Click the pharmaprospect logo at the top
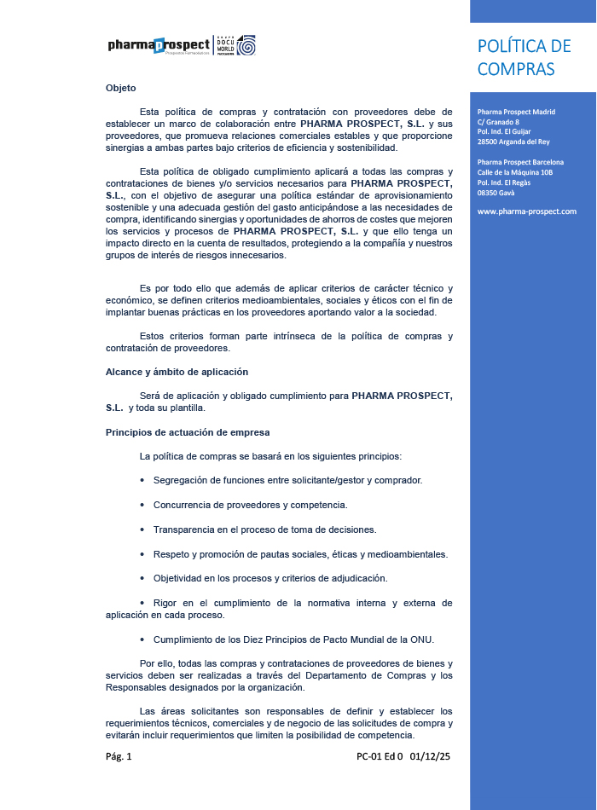pos(159,45)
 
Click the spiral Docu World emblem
pos(246,45)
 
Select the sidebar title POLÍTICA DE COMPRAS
pos(524,57)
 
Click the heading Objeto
pos(120,88)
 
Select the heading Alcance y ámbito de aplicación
pos(177,372)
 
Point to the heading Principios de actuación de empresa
pos(188,432)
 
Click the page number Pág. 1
pos(119,756)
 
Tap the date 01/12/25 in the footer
pos(430,756)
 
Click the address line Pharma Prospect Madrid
pos(516,112)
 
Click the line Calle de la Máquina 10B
pos(515,172)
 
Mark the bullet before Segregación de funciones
pos(142,481)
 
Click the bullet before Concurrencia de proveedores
pos(142,505)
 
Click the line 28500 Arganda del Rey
pos(513,141)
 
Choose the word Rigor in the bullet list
pos(165,603)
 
